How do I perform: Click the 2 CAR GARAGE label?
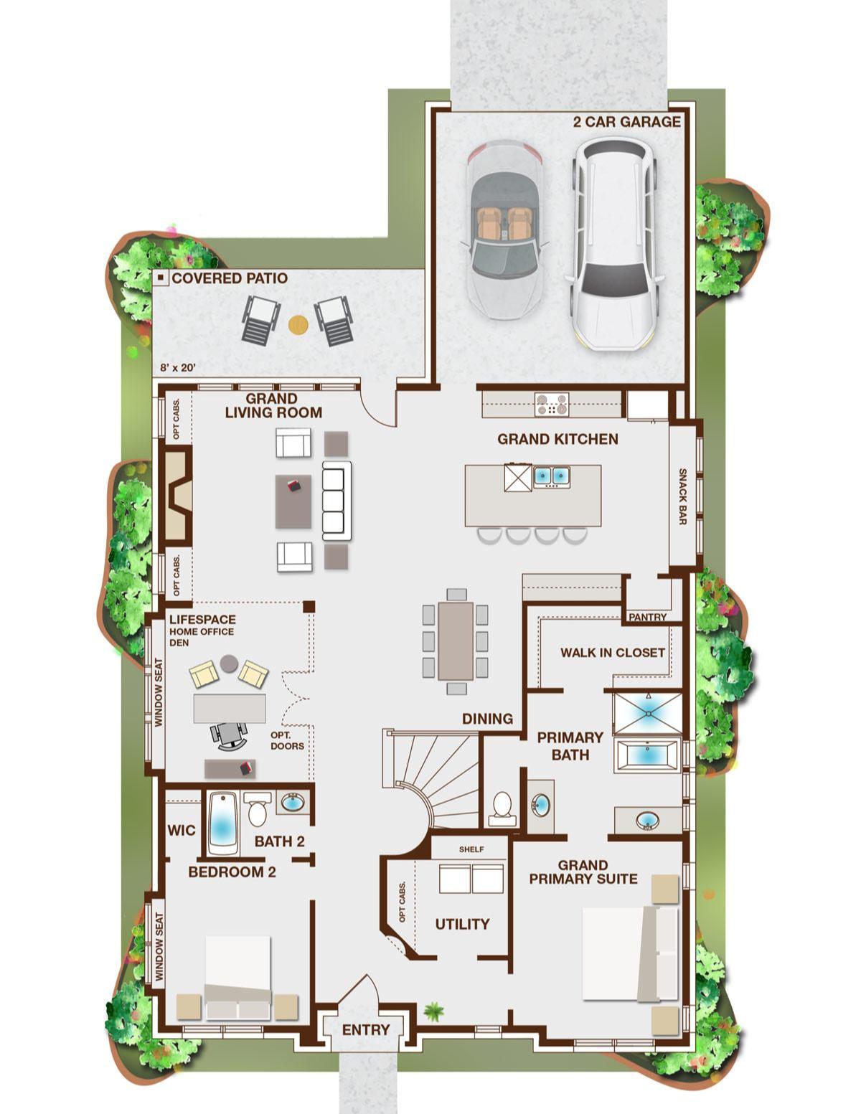(x=626, y=121)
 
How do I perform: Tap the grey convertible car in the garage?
(x=504, y=230)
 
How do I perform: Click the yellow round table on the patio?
(x=298, y=324)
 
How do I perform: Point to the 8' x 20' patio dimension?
(x=177, y=367)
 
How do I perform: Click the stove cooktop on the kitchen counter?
(x=551, y=403)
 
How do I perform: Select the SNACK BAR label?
(x=682, y=496)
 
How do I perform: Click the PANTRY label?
(x=647, y=617)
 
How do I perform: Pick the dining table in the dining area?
(x=455, y=641)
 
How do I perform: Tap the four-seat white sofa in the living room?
(x=337, y=501)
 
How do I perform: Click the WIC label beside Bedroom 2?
(x=182, y=830)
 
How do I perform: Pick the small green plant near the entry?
(x=433, y=1011)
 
